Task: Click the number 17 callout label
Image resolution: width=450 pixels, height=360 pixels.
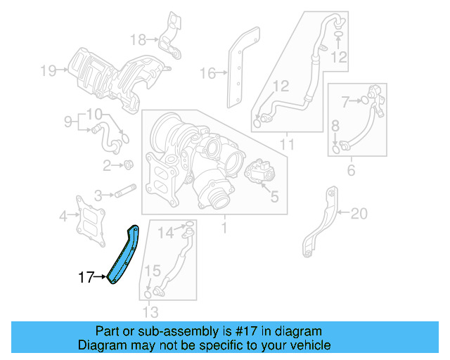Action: tap(86, 278)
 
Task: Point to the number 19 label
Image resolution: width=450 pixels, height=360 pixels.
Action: tap(48, 70)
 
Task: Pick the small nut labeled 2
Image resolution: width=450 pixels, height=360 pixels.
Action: tap(129, 165)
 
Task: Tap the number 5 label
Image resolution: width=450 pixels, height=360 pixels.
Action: tap(274, 198)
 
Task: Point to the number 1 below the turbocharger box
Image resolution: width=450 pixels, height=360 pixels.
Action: tap(224, 228)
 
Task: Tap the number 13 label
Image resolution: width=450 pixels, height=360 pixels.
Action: tap(150, 312)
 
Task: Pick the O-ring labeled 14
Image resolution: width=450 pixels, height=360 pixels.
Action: tap(189, 225)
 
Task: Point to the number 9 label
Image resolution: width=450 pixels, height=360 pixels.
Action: tap(68, 121)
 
